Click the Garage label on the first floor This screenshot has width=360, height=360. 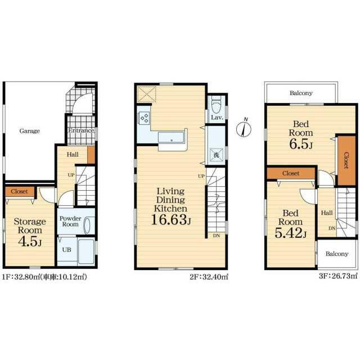point(29,131)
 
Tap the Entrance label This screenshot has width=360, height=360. point(81,130)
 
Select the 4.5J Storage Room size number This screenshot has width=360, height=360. point(30,241)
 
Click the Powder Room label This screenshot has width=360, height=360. point(70,221)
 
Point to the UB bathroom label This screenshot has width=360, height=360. point(66,250)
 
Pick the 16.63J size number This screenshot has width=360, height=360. point(171,220)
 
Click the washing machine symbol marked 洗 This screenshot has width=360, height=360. point(216,155)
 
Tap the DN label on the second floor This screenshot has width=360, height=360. point(217,236)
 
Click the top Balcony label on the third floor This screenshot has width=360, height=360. point(301,93)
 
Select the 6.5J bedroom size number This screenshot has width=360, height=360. point(301,144)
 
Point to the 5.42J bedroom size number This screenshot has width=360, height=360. point(290,233)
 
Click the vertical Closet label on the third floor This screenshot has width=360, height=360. point(346,160)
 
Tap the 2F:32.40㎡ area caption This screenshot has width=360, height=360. point(209,277)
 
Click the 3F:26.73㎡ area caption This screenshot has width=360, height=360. point(339,276)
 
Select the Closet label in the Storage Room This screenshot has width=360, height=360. point(19,191)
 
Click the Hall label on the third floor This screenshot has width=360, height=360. point(327,213)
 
